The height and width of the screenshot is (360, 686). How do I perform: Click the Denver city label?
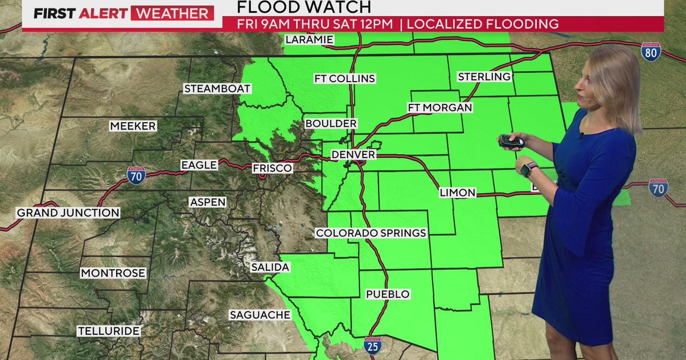coord(353,155)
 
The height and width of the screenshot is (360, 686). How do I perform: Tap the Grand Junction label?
coord(68,213)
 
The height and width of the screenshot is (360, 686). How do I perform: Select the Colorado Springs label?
coord(371,233)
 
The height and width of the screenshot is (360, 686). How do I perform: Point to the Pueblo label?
coord(388,294)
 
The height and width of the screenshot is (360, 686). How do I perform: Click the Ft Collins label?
coord(344,78)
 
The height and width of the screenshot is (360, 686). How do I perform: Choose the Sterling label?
coord(484,77)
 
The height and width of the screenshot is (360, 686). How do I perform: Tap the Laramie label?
coord(310,40)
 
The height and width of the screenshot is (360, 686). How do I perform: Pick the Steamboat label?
coord(217,89)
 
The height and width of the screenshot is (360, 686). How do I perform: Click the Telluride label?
coord(109,331)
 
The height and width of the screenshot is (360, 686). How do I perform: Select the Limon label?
coord(457,193)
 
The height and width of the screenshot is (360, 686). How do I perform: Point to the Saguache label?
coord(260,315)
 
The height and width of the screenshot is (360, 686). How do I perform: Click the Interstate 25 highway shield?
coord(372,346)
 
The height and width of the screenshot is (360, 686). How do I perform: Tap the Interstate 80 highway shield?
coord(651,51)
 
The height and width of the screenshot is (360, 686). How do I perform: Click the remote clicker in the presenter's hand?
coord(510,141)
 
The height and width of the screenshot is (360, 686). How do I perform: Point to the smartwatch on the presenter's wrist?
coord(528,169)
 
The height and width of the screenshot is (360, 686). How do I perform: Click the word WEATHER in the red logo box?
coord(172,13)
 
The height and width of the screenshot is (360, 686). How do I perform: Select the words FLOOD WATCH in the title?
coord(304,7)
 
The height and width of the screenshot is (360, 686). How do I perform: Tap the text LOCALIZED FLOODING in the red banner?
coord(483,24)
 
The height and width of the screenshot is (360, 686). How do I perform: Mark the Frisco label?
coord(273,168)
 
